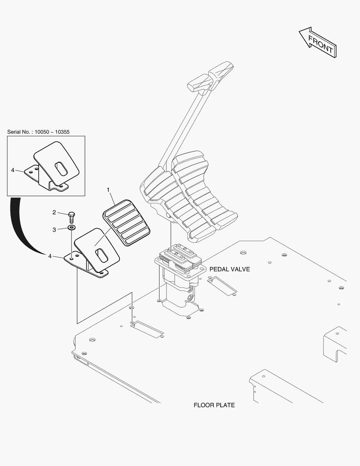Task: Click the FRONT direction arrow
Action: tap(318, 42)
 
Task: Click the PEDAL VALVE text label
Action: tap(229, 269)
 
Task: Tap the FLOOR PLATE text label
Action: tap(214, 405)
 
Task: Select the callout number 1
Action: tap(108, 190)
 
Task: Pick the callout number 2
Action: tap(54, 212)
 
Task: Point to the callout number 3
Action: tap(54, 230)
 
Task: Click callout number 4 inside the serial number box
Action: tap(13, 170)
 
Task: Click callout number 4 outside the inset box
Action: tap(50, 256)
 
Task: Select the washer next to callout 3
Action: tap(71, 227)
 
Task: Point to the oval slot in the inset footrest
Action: tap(61, 168)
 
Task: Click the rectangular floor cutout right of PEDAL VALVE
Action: tap(222, 286)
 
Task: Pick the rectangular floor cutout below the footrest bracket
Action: tap(147, 329)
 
